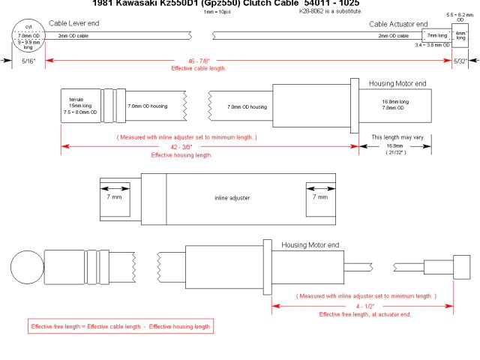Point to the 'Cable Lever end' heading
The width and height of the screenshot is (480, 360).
coord(75,24)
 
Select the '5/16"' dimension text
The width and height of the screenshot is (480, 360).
coord(27,60)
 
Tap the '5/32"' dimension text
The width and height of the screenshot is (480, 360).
coord(460,60)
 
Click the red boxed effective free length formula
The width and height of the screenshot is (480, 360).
coord(120,326)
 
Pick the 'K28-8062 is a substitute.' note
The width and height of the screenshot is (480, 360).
coord(330,12)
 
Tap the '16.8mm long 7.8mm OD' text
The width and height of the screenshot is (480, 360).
coord(395,104)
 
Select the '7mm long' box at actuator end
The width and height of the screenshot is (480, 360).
coord(436,35)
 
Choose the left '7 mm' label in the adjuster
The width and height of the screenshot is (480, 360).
coord(115,197)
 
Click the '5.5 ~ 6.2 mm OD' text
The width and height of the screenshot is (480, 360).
coord(460,18)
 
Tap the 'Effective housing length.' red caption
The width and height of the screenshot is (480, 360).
coord(182,155)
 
